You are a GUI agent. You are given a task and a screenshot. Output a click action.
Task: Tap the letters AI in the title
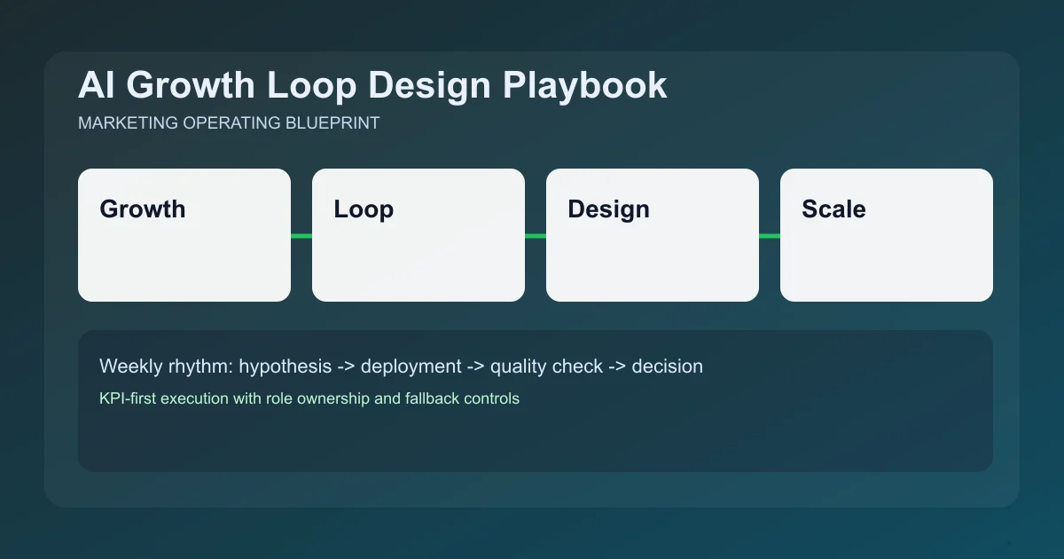[94, 85]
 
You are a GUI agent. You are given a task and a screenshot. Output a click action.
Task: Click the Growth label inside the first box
[143, 209]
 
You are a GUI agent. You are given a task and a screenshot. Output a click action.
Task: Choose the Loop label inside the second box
[364, 209]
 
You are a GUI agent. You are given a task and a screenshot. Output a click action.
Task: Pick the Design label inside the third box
[608, 209]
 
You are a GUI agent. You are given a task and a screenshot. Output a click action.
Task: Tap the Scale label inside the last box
[833, 209]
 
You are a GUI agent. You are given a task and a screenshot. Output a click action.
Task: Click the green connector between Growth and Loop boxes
[301, 236]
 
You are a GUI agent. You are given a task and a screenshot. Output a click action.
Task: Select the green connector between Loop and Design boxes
[536, 236]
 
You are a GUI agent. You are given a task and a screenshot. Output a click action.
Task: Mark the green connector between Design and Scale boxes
[770, 236]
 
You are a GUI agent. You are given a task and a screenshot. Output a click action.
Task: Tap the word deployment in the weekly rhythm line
[411, 366]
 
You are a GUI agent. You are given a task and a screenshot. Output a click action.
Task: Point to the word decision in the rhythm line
[667, 366]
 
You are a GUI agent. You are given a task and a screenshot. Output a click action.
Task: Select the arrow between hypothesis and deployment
[347, 366]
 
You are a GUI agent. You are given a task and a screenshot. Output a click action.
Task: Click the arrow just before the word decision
[617, 366]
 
